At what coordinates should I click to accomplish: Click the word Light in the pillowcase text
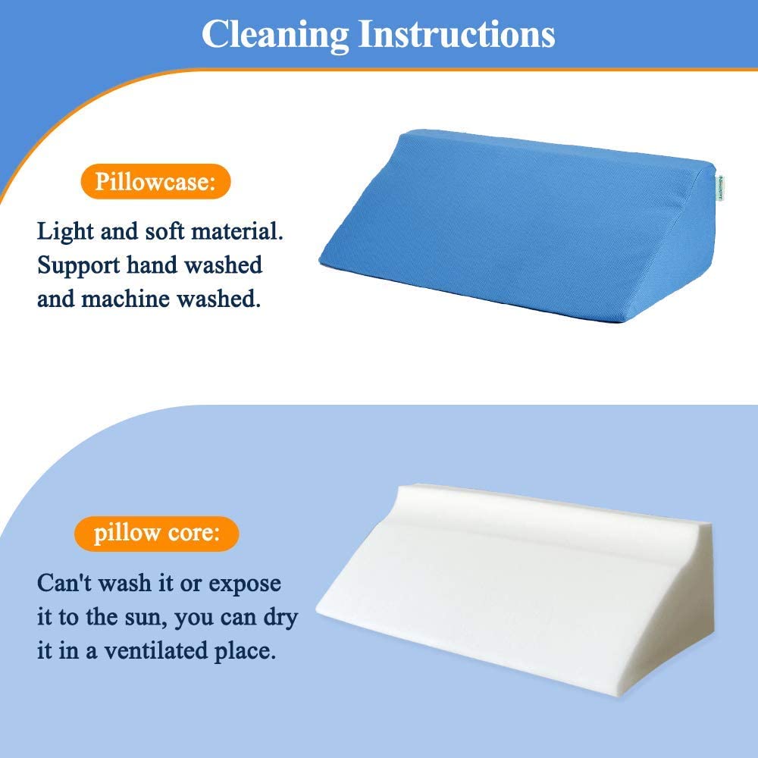(x=65, y=231)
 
